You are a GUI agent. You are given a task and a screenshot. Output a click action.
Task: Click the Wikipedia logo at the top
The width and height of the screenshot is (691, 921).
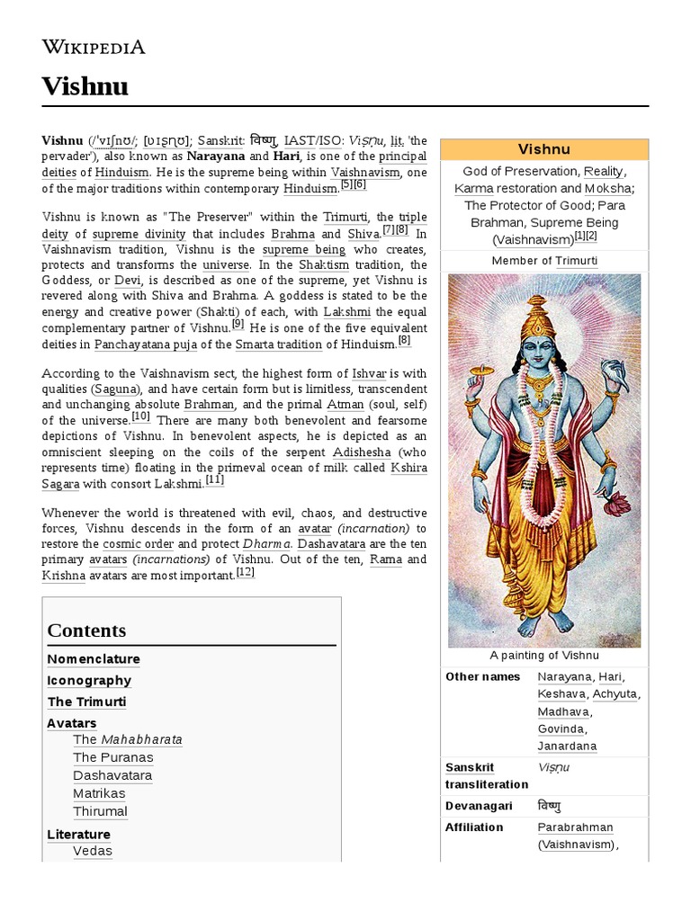pyautogui.click(x=94, y=47)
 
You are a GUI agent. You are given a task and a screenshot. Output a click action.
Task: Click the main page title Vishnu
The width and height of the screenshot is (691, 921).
pyautogui.click(x=85, y=86)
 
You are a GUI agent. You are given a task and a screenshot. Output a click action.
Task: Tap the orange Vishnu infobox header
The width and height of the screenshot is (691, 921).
pyautogui.click(x=544, y=149)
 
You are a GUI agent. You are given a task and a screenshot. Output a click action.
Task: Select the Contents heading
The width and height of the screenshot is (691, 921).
pyautogui.click(x=86, y=630)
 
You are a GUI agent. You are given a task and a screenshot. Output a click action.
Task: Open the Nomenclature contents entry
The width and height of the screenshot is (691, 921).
pyautogui.click(x=94, y=659)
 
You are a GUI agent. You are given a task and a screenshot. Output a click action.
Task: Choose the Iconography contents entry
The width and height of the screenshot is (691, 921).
pyautogui.click(x=89, y=681)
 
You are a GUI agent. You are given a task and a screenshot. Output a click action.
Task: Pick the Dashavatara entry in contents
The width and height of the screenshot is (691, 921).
pyautogui.click(x=112, y=775)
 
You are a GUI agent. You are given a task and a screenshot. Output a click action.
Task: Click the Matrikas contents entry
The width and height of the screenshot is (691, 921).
pyautogui.click(x=99, y=793)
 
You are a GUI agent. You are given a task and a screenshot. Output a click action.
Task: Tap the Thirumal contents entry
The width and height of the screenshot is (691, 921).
pyautogui.click(x=101, y=811)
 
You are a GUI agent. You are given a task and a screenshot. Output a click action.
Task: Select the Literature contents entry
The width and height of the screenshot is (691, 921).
pyautogui.click(x=78, y=835)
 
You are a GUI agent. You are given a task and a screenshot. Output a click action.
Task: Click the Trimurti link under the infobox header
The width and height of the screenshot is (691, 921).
pyautogui.click(x=576, y=261)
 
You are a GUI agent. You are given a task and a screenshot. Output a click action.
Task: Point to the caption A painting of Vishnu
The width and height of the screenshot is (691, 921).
pyautogui.click(x=543, y=656)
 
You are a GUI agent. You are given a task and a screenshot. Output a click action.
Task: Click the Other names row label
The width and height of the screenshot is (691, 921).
pyautogui.click(x=482, y=676)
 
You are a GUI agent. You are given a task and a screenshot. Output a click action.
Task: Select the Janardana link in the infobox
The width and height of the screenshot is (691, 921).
pyautogui.click(x=567, y=746)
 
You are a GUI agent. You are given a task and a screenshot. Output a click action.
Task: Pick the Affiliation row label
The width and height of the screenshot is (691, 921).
pyautogui.click(x=474, y=827)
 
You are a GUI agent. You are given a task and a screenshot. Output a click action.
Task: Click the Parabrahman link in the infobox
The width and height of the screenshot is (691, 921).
pyautogui.click(x=575, y=827)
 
